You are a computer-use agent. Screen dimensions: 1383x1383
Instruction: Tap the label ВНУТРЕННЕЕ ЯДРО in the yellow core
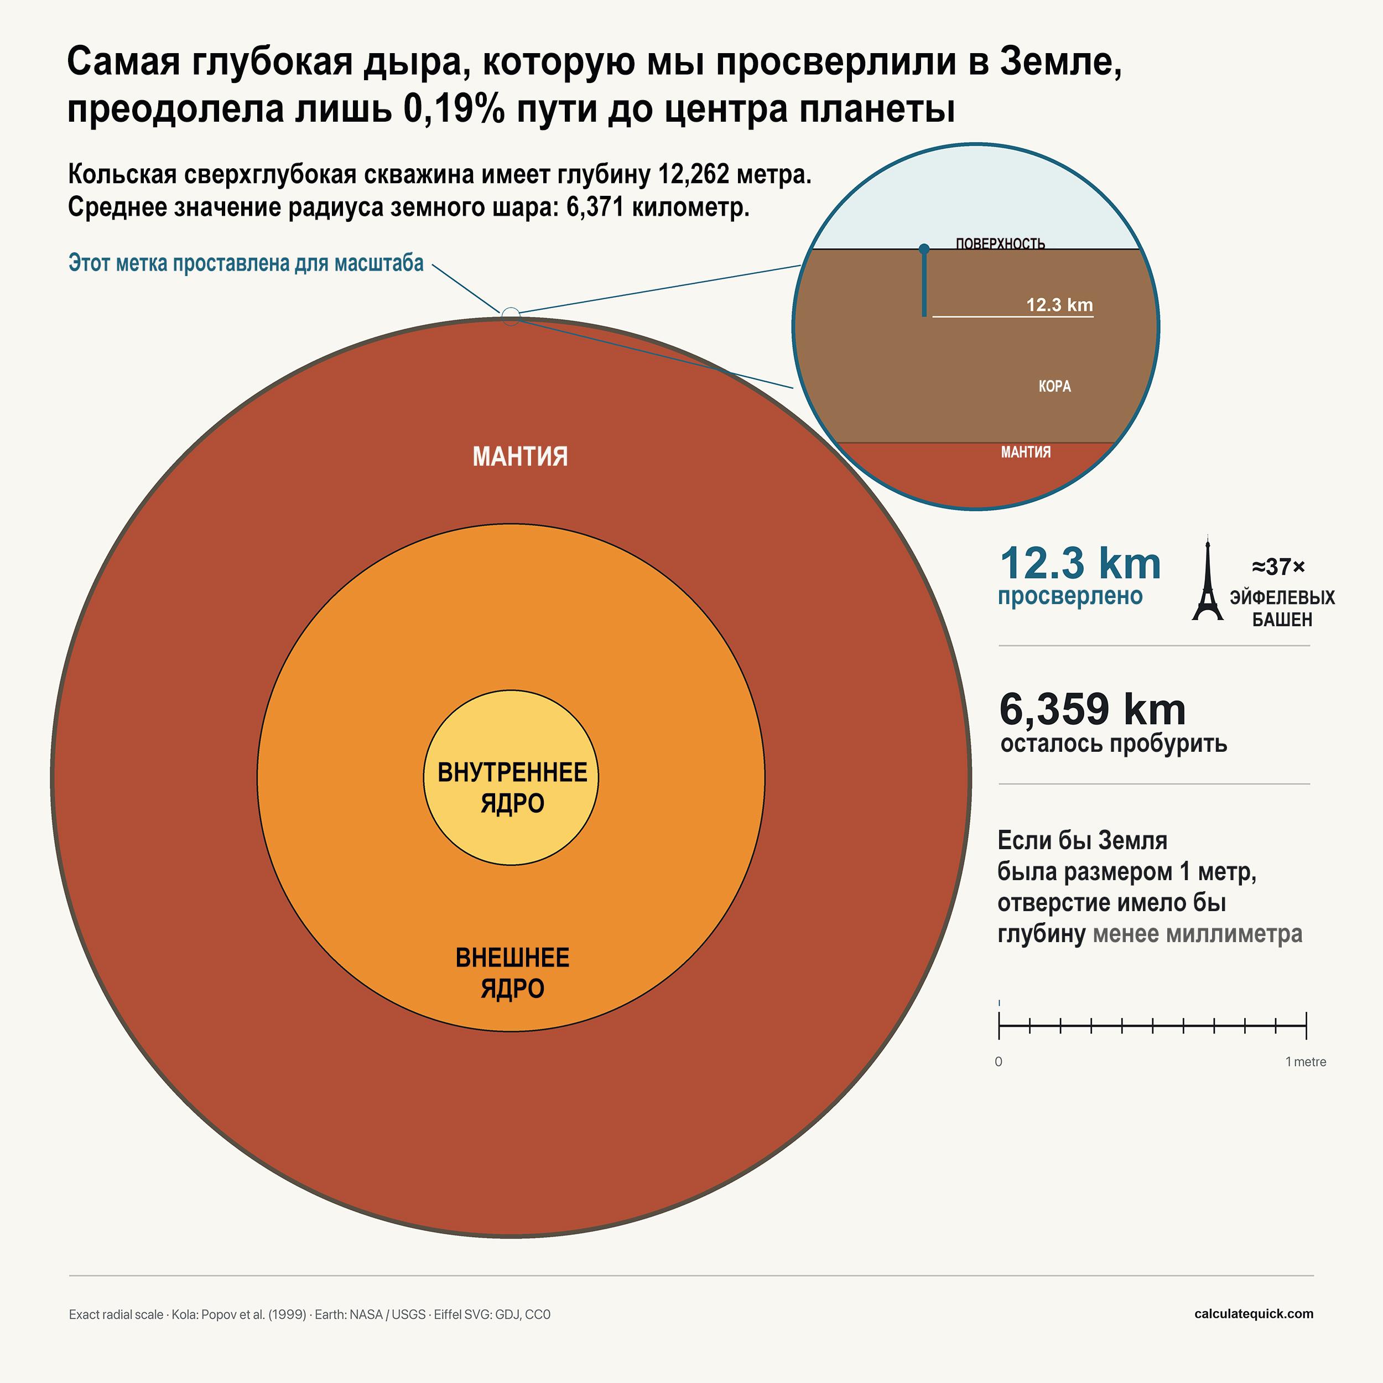(x=512, y=787)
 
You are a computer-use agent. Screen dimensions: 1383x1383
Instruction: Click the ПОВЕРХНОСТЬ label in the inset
(x=1000, y=243)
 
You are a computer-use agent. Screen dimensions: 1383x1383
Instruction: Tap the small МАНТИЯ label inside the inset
(x=1026, y=452)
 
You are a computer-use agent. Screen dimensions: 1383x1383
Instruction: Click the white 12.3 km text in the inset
(x=1059, y=305)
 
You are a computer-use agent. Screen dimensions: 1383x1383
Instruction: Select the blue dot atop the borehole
(x=924, y=249)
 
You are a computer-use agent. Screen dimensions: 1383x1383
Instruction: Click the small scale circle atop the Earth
(x=511, y=316)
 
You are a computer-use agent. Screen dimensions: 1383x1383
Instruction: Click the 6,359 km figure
(x=1093, y=709)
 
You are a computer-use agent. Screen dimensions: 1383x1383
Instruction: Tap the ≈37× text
(x=1278, y=567)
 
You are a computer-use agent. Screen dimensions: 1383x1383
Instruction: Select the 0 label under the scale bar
(x=999, y=1062)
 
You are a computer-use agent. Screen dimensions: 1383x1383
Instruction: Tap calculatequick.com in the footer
(x=1254, y=1313)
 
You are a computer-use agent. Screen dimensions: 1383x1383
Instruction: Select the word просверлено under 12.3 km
(x=1070, y=596)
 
